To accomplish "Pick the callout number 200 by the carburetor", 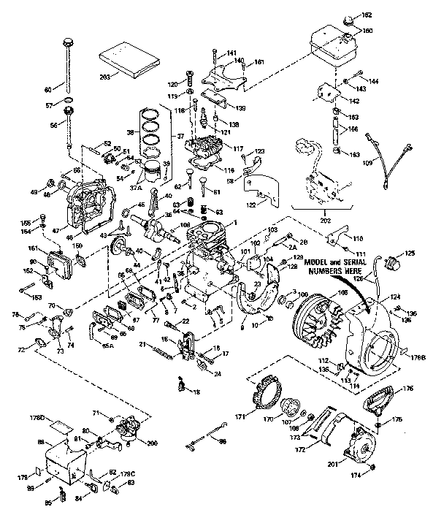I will [x=153, y=443].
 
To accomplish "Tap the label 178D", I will [x=58, y=418].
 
